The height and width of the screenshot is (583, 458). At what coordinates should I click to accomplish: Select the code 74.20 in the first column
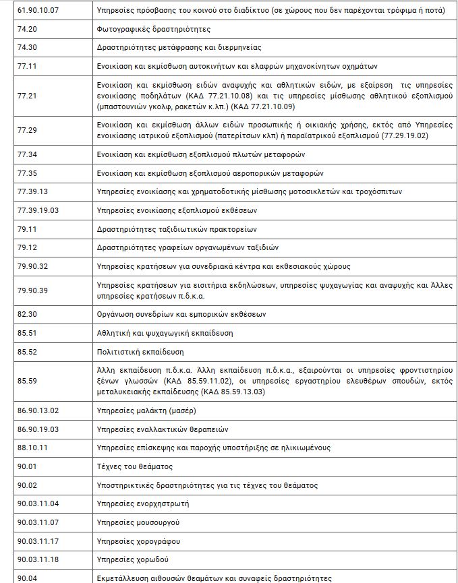[27, 29]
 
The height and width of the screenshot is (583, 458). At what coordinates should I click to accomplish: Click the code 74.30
[27, 47]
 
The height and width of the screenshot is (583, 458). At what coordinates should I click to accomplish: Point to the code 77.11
[27, 66]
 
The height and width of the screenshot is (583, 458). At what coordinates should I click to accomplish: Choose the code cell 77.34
[27, 154]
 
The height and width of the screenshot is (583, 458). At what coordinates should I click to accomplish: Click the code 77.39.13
[32, 191]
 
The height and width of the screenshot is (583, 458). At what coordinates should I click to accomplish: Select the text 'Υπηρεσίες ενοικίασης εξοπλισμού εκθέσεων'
[177, 210]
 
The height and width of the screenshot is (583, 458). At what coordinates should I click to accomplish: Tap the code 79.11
[27, 228]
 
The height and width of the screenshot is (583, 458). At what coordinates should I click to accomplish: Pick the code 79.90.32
[32, 266]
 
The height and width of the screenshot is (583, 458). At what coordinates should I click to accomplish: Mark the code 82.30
[27, 314]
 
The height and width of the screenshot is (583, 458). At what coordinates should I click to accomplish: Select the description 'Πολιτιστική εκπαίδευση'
[140, 351]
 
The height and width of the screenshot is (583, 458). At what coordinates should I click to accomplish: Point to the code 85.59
[27, 381]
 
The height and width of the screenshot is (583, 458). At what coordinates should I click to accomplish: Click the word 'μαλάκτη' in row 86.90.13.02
[153, 410]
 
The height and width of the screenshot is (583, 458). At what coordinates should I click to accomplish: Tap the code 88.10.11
[32, 448]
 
